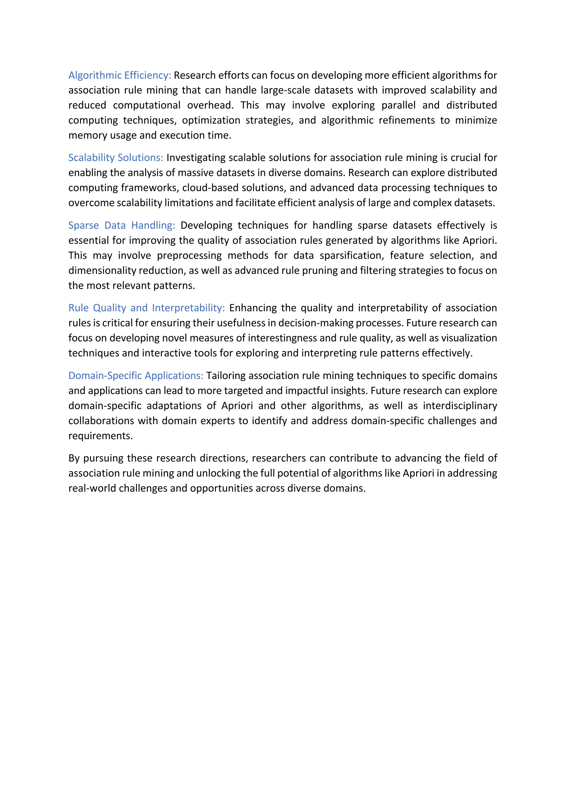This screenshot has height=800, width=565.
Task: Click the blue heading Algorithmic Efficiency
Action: point(119,75)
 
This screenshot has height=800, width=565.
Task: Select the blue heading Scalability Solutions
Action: point(116,158)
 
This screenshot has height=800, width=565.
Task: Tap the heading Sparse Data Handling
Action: point(121,226)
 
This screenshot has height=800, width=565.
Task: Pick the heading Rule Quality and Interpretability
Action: point(146,308)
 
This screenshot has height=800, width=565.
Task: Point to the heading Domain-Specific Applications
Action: point(136,376)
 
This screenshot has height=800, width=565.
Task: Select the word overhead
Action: point(210,105)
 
